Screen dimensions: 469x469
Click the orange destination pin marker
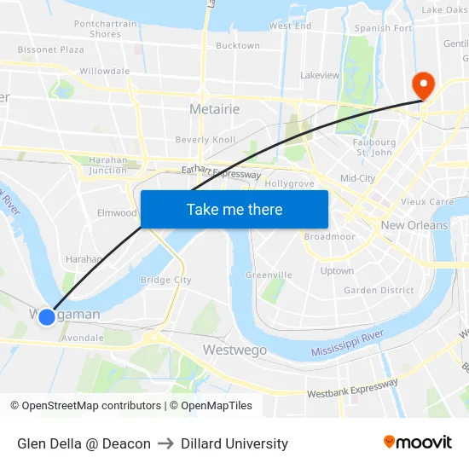tap(422, 85)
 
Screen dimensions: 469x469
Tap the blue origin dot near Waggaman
tap(47, 316)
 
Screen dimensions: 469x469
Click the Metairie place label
tap(214, 110)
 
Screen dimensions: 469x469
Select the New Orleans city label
tap(414, 225)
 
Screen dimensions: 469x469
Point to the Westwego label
tap(234, 350)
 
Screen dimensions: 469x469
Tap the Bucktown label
tap(238, 46)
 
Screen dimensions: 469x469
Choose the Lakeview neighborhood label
tap(320, 75)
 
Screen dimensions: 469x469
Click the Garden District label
tap(379, 290)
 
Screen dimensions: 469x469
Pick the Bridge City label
tap(165, 280)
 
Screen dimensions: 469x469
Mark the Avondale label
tap(84, 337)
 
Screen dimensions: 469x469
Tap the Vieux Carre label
tap(427, 202)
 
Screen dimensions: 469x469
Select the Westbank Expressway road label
tap(352, 389)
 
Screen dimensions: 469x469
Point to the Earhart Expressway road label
tap(221, 173)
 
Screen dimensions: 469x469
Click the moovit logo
tap(417, 443)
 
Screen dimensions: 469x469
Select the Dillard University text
tap(234, 443)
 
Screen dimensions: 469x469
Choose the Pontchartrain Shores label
tap(105, 29)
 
